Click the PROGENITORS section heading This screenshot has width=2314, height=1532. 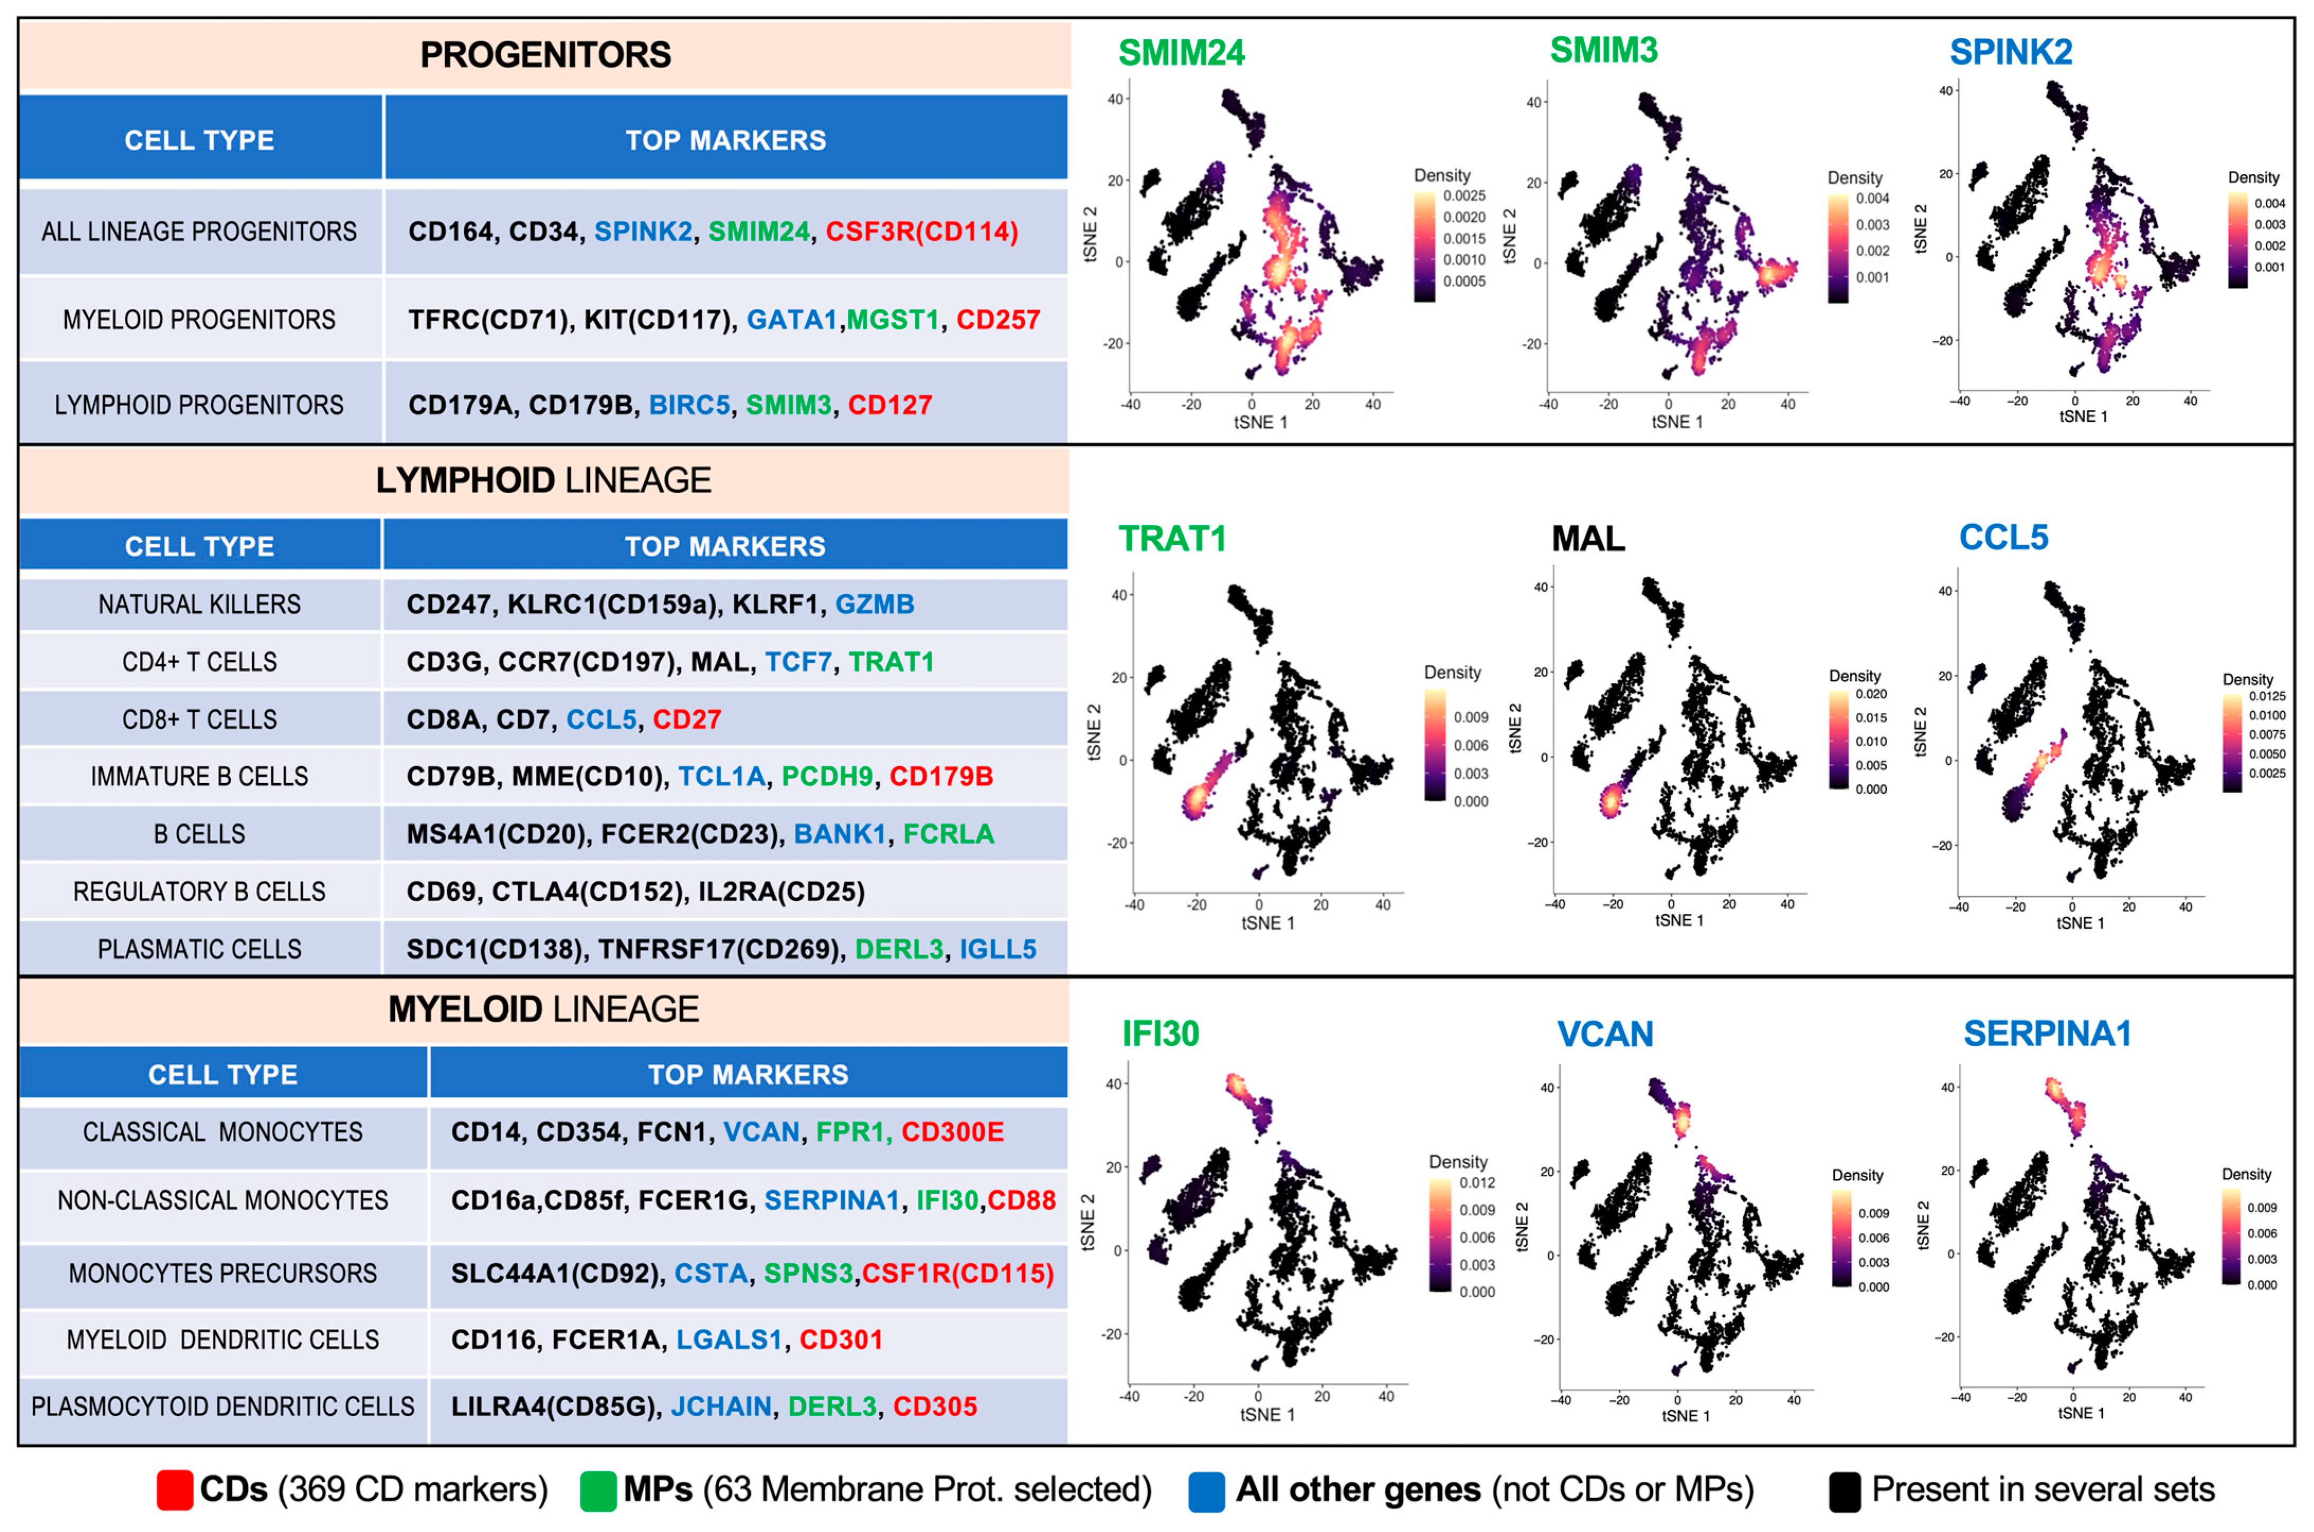(545, 55)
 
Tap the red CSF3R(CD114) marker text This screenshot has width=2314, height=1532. (922, 232)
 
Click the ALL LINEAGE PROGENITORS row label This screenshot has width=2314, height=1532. (200, 232)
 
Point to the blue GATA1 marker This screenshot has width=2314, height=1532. (791, 320)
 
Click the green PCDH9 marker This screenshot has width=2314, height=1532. (827, 777)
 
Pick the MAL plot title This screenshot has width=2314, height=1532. (1588, 538)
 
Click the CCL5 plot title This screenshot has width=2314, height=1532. (2003, 537)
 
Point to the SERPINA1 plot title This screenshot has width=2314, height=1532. (2047, 1034)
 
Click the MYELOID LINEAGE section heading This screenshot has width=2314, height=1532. (543, 1009)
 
